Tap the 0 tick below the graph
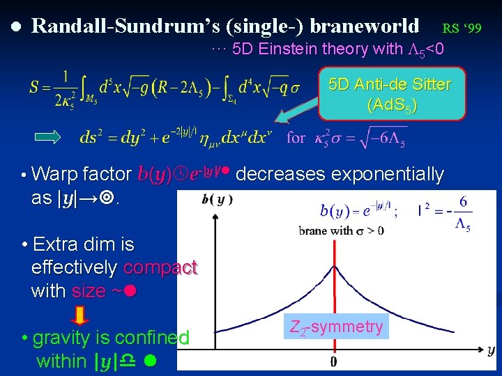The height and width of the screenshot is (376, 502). click(334, 362)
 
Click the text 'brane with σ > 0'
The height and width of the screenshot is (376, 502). click(342, 230)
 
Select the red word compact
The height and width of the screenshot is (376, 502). click(160, 268)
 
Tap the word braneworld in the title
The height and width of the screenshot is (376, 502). click(365, 26)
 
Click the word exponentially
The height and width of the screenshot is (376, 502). click(387, 174)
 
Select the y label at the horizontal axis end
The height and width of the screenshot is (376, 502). click(491, 350)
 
